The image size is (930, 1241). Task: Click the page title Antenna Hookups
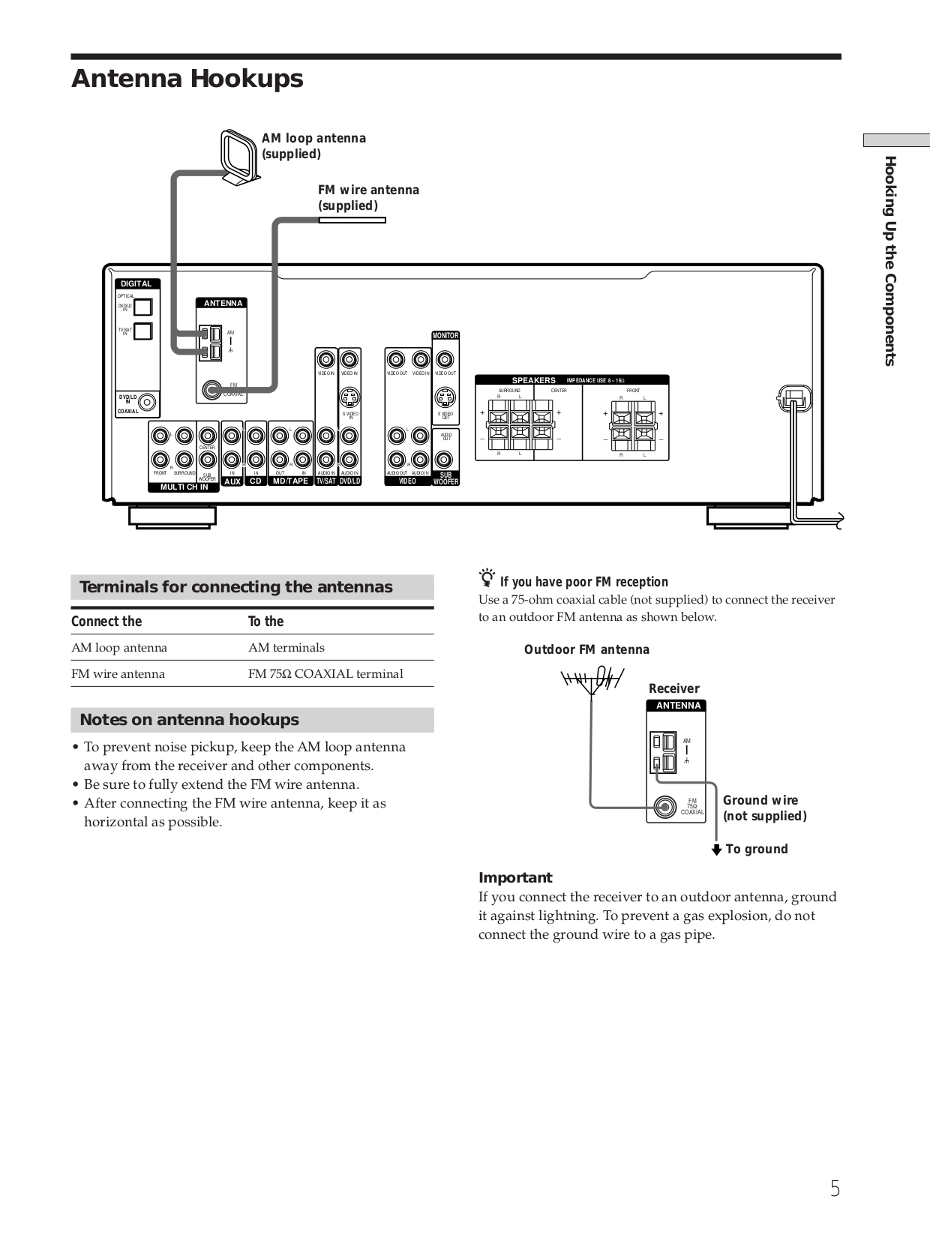[x=187, y=79]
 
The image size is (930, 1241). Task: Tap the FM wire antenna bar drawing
[x=352, y=220]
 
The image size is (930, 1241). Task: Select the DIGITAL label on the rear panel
[x=136, y=283]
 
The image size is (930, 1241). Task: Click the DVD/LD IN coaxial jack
[x=148, y=403]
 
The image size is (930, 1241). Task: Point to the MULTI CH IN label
[x=184, y=487]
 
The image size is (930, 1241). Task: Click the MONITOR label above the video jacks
[x=445, y=335]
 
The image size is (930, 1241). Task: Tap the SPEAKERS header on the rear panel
[x=533, y=380]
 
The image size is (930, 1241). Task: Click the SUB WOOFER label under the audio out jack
[x=445, y=478]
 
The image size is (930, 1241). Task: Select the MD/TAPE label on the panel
[x=290, y=481]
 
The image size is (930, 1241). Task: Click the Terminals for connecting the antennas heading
[x=235, y=587]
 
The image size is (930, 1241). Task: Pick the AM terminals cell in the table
[x=286, y=648]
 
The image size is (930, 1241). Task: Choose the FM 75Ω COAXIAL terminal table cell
[x=325, y=673]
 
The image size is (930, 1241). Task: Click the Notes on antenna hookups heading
[x=189, y=720]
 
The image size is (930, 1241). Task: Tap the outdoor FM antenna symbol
[x=592, y=680]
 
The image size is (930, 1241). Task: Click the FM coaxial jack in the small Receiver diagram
[x=663, y=808]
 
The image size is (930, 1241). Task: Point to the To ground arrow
[x=717, y=850]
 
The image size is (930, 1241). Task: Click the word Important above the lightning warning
[x=514, y=877]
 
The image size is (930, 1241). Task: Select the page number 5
[x=835, y=1189]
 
